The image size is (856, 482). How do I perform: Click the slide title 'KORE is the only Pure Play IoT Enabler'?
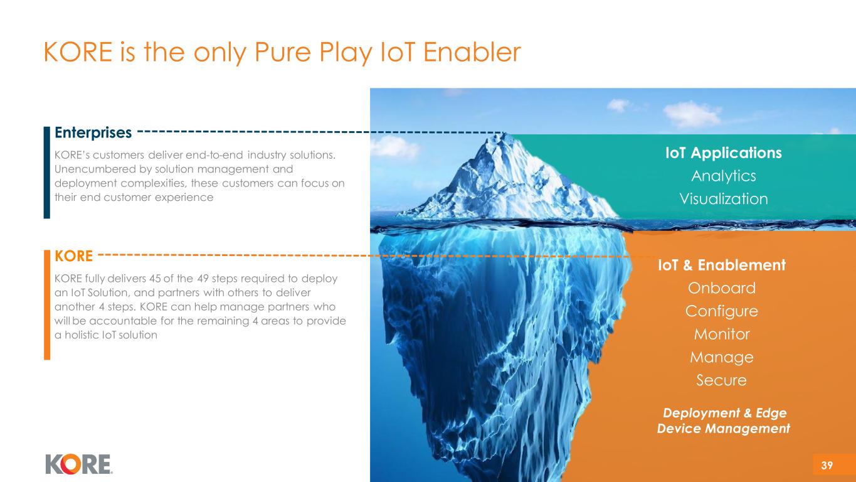tap(282, 52)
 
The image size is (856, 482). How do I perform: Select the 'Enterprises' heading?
tap(93, 133)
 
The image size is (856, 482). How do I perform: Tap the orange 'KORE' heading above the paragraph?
tap(74, 256)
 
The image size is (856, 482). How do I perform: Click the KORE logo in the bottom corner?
tap(79, 464)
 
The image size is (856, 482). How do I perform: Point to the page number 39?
tap(827, 465)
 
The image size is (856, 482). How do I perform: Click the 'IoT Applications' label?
tap(724, 153)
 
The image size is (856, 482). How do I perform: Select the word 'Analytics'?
tap(724, 176)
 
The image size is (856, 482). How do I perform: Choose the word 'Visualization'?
tap(724, 199)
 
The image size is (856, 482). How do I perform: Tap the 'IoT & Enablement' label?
tap(721, 265)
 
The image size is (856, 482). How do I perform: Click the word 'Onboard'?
tap(721, 288)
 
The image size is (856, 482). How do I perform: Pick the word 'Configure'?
tap(721, 311)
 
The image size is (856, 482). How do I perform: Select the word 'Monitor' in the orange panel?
tap(721, 335)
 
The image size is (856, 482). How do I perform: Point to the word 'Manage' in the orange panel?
tap(721, 357)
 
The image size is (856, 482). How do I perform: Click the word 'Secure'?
tap(721, 380)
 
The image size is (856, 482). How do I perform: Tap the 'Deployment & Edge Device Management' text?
tap(724, 420)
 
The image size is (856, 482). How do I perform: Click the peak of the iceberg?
tap(504, 133)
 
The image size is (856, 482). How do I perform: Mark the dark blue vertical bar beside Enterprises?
tap(47, 173)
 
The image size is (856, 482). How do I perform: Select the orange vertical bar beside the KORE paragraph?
tap(47, 305)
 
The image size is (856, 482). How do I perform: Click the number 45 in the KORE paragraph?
tap(155, 279)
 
